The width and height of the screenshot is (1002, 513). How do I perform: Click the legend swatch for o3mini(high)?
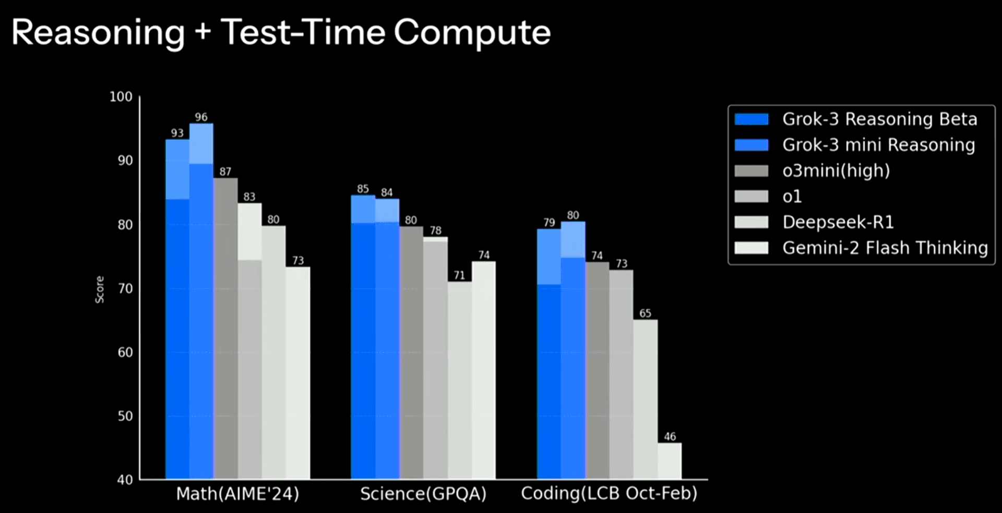[751, 171]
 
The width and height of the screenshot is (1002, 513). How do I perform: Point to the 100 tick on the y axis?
[121, 97]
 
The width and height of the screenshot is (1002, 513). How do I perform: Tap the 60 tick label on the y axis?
[125, 352]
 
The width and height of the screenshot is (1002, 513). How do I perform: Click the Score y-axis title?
[99, 289]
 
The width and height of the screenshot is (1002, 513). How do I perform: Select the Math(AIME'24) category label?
[237, 494]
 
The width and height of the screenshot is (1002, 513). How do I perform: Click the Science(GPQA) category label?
[423, 494]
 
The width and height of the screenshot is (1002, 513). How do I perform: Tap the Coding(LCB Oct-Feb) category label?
[609, 493]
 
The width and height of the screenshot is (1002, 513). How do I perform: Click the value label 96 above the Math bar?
[201, 117]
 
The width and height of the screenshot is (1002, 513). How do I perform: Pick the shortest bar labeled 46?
[670, 461]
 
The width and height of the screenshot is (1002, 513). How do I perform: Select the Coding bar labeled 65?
[646, 399]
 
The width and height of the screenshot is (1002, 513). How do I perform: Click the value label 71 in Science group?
[459, 275]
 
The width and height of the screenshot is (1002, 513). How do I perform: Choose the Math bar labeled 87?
[225, 328]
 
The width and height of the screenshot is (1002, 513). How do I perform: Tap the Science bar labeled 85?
[363, 337]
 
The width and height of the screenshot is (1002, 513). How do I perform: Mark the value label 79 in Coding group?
[549, 223]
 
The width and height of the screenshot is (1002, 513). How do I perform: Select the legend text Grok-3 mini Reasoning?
[878, 145]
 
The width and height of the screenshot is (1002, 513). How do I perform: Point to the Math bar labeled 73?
[297, 373]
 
